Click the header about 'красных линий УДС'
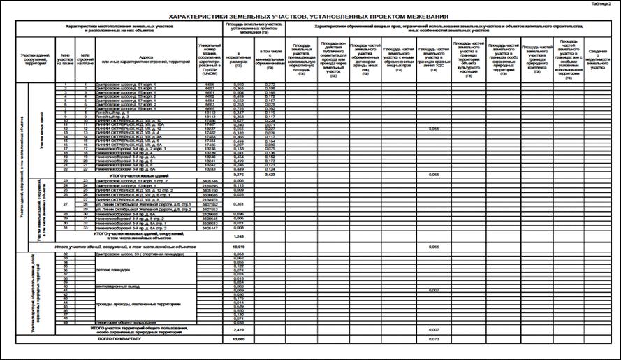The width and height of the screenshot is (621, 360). point(433,57)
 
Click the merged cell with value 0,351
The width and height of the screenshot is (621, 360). point(239,205)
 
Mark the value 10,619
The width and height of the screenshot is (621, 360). point(239,247)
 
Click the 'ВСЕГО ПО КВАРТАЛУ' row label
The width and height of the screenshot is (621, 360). point(122,338)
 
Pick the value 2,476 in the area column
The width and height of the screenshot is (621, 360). point(239,328)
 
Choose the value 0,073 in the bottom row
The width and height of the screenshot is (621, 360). point(433,338)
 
